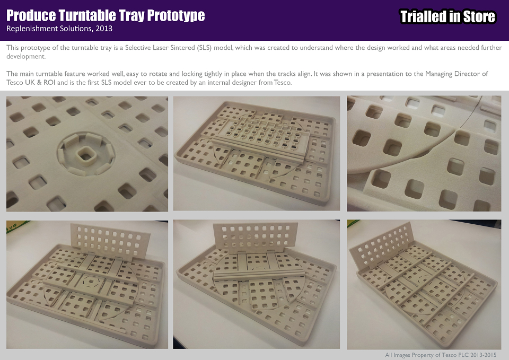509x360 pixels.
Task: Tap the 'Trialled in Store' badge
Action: (447, 16)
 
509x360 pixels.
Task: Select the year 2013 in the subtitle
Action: (104, 29)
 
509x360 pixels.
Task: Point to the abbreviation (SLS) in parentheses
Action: (204, 48)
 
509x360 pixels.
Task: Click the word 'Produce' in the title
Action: (31, 15)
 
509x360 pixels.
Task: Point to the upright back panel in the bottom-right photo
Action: (381, 249)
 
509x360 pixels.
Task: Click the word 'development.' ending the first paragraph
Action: (26, 57)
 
